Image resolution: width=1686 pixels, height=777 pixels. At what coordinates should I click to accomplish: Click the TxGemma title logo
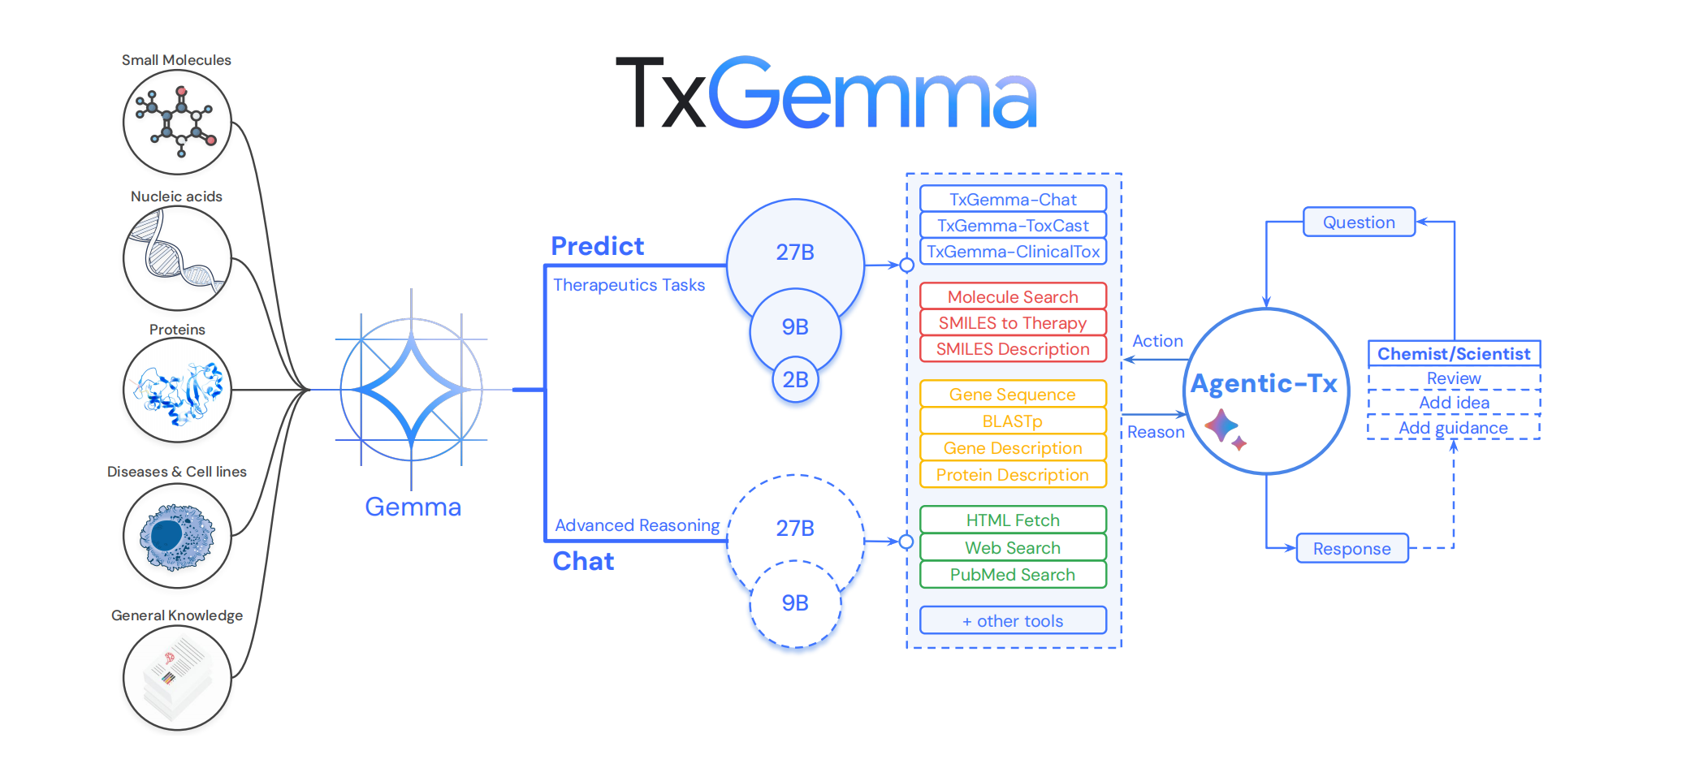click(x=826, y=93)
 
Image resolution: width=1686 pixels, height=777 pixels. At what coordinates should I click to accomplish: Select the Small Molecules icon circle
click(x=177, y=122)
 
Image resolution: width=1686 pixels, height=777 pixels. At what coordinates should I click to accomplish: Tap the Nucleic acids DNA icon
click(x=177, y=258)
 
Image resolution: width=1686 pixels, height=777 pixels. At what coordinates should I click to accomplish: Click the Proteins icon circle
click(x=177, y=391)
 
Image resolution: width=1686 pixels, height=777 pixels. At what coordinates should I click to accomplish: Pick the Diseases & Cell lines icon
click(x=177, y=536)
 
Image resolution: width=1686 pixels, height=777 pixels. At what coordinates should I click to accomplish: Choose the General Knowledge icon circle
click(x=177, y=678)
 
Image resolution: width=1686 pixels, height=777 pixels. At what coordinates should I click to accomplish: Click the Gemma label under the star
click(x=413, y=507)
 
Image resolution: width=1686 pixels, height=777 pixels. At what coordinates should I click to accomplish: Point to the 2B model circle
click(x=795, y=380)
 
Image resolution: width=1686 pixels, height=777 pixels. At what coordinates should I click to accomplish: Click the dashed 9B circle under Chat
click(x=795, y=603)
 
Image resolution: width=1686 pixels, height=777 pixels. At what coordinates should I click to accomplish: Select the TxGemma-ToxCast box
click(x=1013, y=226)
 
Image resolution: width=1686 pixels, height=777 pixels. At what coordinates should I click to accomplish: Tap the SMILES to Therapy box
click(x=1013, y=323)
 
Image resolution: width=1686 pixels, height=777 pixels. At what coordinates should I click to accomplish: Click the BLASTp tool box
click(x=1013, y=421)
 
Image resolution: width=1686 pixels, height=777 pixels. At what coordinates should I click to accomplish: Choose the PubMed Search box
click(x=1013, y=575)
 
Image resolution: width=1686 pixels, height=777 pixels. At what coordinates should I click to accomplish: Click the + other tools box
click(x=1013, y=621)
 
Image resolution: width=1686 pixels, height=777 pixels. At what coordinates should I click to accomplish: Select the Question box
click(x=1359, y=222)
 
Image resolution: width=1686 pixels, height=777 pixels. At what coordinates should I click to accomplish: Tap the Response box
click(x=1351, y=549)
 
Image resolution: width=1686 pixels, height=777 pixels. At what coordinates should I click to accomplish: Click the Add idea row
click(x=1454, y=403)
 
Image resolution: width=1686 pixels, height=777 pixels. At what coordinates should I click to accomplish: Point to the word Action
click(x=1157, y=341)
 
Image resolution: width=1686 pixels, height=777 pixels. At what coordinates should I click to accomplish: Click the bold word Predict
click(x=597, y=246)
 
